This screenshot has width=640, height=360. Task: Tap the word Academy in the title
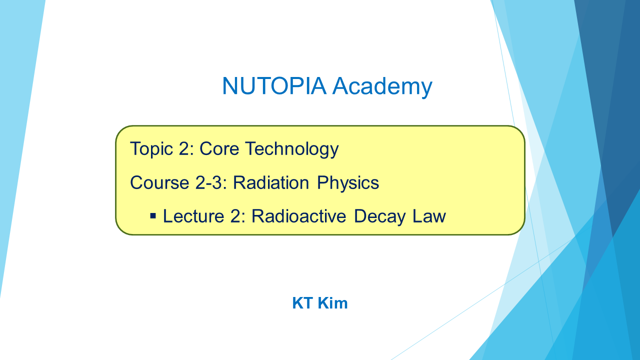[x=382, y=87]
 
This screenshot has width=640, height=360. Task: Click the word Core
[x=219, y=148]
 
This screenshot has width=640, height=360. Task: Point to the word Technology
[x=292, y=149]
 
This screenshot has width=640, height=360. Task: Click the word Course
[x=159, y=182]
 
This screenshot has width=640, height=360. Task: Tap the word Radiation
[x=271, y=182]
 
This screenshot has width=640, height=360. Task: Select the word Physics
[x=348, y=183]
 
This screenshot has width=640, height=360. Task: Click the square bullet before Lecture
[x=153, y=215]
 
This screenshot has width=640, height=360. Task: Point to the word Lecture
[x=193, y=216]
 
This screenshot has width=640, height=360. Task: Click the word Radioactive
[x=299, y=216]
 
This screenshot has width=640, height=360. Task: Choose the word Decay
[x=379, y=217]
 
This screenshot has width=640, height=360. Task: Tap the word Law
[x=429, y=216]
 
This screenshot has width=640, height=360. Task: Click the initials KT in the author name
[x=302, y=303]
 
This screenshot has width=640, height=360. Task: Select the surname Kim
[x=333, y=303]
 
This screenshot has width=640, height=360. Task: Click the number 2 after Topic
[x=184, y=148]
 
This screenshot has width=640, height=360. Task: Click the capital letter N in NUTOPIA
[x=229, y=85]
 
